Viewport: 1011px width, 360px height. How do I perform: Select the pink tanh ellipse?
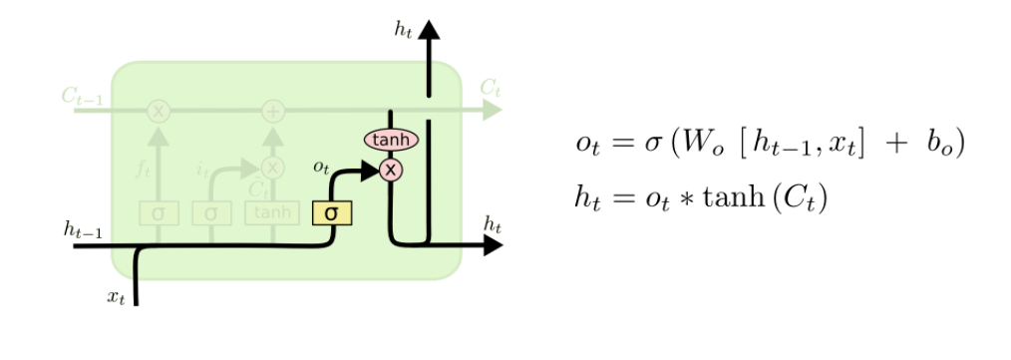391,141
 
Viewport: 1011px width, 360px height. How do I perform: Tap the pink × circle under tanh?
391,171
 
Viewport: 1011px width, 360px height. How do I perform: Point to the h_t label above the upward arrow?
404,30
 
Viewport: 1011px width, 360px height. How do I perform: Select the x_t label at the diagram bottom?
117,296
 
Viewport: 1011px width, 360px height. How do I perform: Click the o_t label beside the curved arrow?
321,168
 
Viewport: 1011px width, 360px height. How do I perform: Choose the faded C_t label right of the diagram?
490,87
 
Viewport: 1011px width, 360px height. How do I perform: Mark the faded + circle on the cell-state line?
272,110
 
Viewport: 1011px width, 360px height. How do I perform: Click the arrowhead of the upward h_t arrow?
430,29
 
